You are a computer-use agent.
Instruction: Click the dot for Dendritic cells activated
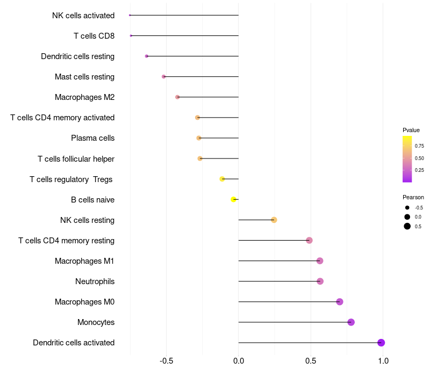click(x=381, y=343)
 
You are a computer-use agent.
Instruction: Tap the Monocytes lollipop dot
click(x=351, y=322)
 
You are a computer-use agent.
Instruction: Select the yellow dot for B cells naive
click(x=233, y=199)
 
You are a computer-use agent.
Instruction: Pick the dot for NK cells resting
click(x=274, y=220)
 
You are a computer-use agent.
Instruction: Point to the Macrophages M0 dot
click(x=340, y=302)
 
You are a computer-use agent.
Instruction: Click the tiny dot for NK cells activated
click(x=130, y=15)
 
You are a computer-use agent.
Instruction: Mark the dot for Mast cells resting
click(x=164, y=76)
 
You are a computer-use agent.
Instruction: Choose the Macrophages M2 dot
click(x=177, y=97)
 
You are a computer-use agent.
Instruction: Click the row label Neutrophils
click(x=95, y=281)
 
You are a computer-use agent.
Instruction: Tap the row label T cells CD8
click(x=94, y=36)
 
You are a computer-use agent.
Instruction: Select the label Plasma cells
click(x=92, y=138)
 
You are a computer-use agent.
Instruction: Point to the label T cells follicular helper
click(x=76, y=159)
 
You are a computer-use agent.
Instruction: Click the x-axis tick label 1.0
click(x=383, y=361)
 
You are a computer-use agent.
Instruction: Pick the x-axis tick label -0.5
click(x=166, y=361)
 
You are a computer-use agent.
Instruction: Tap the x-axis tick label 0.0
click(x=239, y=361)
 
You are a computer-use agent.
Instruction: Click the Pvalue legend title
click(x=411, y=130)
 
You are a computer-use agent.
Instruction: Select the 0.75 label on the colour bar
click(x=419, y=146)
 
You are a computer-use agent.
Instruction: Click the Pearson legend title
click(x=413, y=197)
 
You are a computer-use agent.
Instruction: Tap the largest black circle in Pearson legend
click(x=407, y=226)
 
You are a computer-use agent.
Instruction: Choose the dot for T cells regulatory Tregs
click(x=222, y=179)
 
